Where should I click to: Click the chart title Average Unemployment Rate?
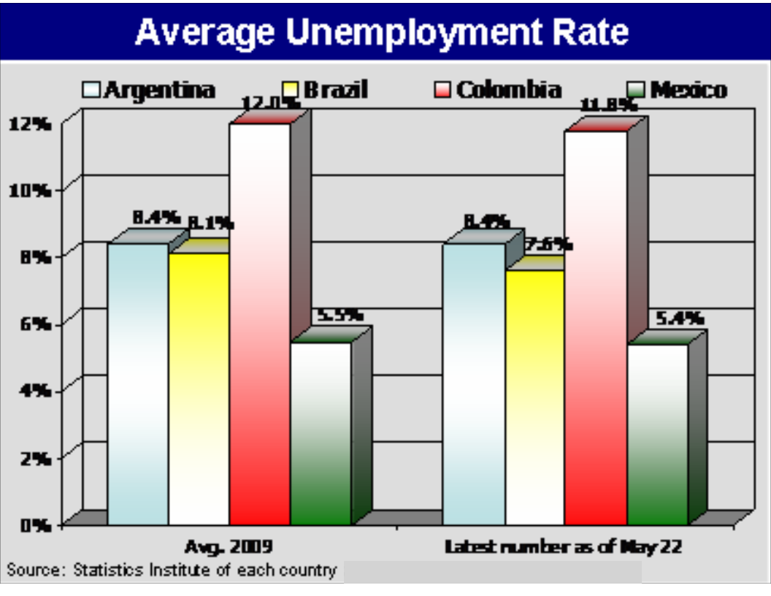(x=381, y=32)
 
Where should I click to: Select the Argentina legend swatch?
(x=91, y=90)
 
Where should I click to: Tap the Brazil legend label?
(x=335, y=90)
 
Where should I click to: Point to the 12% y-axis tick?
(x=30, y=123)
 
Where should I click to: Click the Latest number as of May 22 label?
(x=563, y=546)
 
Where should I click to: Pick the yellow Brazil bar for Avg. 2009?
(x=199, y=387)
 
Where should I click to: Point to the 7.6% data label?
(x=548, y=245)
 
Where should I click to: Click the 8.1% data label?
(x=211, y=222)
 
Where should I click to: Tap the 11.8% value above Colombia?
(x=607, y=106)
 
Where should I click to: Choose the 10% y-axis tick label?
(x=30, y=190)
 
